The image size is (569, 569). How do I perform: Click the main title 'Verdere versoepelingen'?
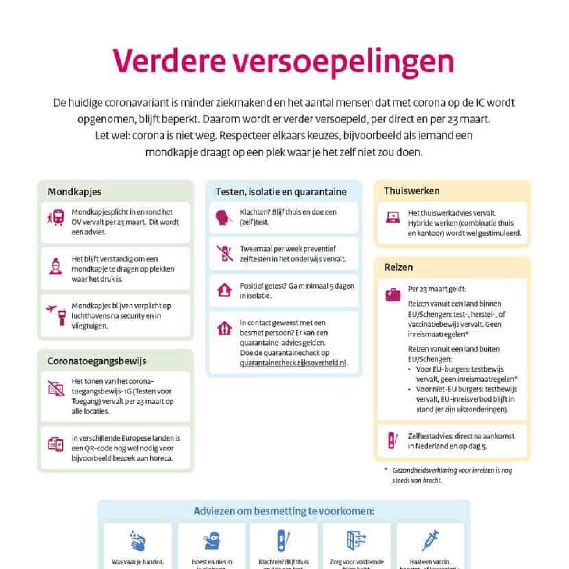pyautogui.click(x=283, y=61)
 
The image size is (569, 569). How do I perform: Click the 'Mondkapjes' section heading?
pyautogui.click(x=74, y=192)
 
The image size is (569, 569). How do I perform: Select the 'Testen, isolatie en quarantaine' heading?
pyautogui.click(x=281, y=192)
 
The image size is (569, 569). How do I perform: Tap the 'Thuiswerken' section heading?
pyautogui.click(x=412, y=190)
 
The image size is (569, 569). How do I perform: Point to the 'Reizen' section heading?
pyautogui.click(x=398, y=267)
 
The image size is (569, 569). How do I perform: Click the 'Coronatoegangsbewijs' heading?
pyautogui.click(x=97, y=361)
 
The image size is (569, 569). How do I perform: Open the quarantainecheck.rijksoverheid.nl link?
pyautogui.click(x=293, y=363)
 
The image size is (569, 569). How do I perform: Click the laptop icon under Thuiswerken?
pyautogui.click(x=393, y=217)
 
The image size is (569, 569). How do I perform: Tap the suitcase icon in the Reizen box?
pyautogui.click(x=393, y=294)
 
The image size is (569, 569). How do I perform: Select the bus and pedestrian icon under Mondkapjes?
pyautogui.click(x=56, y=217)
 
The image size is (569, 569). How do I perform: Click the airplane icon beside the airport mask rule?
pyautogui.click(x=51, y=309)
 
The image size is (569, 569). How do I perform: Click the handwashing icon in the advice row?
pyautogui.click(x=137, y=541)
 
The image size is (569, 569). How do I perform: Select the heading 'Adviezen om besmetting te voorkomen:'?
pyautogui.click(x=284, y=511)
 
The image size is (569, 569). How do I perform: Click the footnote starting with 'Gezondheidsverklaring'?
pyautogui.click(x=451, y=475)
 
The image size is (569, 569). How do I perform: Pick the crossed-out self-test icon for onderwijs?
pyautogui.click(x=225, y=253)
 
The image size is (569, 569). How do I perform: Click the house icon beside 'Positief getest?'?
pyautogui.click(x=224, y=290)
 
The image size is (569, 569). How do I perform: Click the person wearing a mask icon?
pyautogui.click(x=56, y=266)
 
